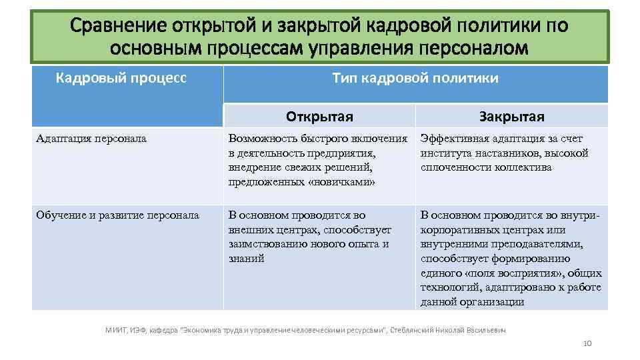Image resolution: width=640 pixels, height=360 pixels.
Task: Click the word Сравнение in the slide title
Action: click(119, 26)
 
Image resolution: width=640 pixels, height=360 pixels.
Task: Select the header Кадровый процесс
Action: click(121, 79)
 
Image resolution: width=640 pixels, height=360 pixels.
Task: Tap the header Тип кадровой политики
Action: click(415, 79)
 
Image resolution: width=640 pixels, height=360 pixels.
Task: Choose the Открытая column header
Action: click(319, 117)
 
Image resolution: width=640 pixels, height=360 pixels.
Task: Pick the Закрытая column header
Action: click(511, 117)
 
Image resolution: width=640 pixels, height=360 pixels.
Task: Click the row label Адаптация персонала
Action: click(92, 139)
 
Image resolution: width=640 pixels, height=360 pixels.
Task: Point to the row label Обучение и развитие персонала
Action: click(118, 215)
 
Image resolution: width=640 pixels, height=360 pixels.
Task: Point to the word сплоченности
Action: click(453, 167)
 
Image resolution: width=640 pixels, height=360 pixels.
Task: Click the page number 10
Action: click(587, 343)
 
